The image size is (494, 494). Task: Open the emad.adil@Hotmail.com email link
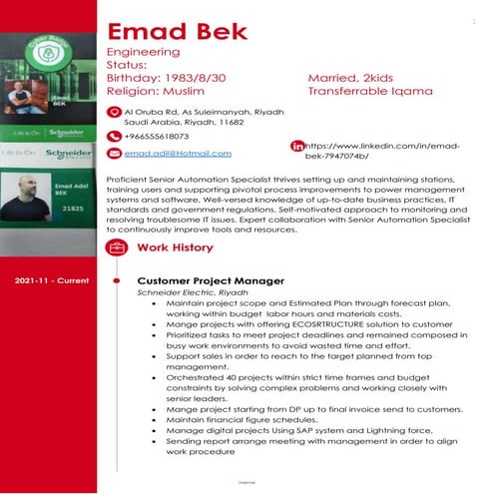178,153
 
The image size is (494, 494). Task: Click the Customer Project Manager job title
210,281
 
